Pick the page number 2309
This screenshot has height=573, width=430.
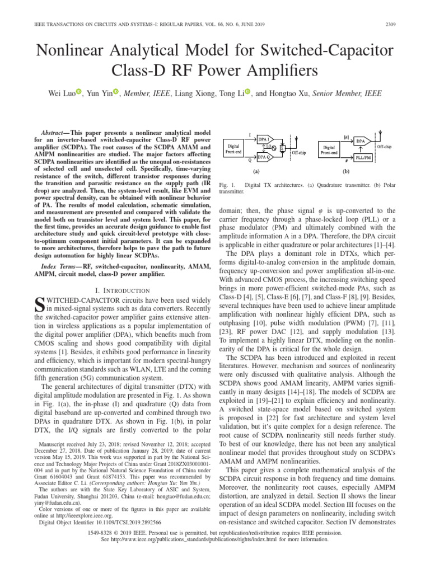(x=410, y=24)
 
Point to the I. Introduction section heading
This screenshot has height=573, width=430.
(x=123, y=290)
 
